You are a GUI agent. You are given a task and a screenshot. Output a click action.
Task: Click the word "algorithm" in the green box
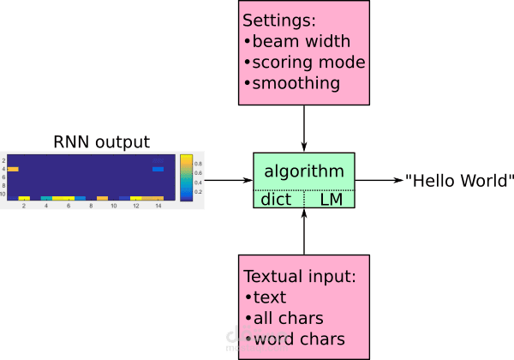tap(304, 171)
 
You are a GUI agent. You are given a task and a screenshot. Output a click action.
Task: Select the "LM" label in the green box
tap(330, 199)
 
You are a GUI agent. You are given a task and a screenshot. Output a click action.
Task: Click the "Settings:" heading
tap(278, 20)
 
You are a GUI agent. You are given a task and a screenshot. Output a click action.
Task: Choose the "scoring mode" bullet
tap(305, 63)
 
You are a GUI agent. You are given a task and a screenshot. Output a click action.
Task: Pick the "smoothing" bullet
tap(292, 83)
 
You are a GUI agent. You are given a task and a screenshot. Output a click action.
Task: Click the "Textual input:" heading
tap(300, 277)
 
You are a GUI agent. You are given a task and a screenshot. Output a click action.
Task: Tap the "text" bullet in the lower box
tap(269, 297)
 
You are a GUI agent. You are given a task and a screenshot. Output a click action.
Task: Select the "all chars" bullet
tap(288, 318)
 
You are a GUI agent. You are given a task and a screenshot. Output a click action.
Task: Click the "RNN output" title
tap(103, 141)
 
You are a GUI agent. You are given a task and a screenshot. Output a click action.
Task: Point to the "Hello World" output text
tap(459, 181)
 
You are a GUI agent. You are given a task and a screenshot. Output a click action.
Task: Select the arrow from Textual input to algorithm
tap(304, 231)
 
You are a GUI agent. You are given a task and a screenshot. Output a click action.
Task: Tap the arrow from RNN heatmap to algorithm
tap(228, 180)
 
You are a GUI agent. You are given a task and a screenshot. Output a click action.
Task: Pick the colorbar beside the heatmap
tap(186, 178)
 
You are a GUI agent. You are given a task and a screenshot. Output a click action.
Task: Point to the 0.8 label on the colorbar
tap(199, 163)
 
